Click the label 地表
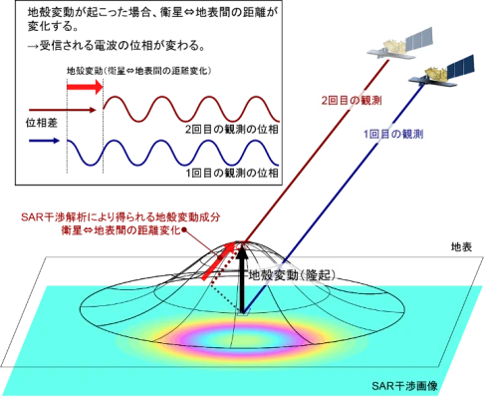coord(461,247)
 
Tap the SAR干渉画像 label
coord(404,386)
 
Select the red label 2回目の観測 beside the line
coord(352,100)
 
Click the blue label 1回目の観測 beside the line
coord(393,134)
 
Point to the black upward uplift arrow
coord(243,278)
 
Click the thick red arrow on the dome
coord(218,261)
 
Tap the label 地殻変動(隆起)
coord(292,274)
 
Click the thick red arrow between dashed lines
coord(85,87)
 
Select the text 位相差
coord(42,123)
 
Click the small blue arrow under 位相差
coord(44,141)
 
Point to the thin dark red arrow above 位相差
coord(63,110)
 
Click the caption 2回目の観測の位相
coord(232,130)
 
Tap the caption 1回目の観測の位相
coord(232,173)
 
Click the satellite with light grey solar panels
coord(400,45)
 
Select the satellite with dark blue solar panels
coord(441,72)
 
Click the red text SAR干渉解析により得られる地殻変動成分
coord(121,217)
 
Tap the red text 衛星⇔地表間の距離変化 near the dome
coord(121,230)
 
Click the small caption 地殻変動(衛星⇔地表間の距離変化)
coord(139,71)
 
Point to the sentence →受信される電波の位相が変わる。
coord(116,45)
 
